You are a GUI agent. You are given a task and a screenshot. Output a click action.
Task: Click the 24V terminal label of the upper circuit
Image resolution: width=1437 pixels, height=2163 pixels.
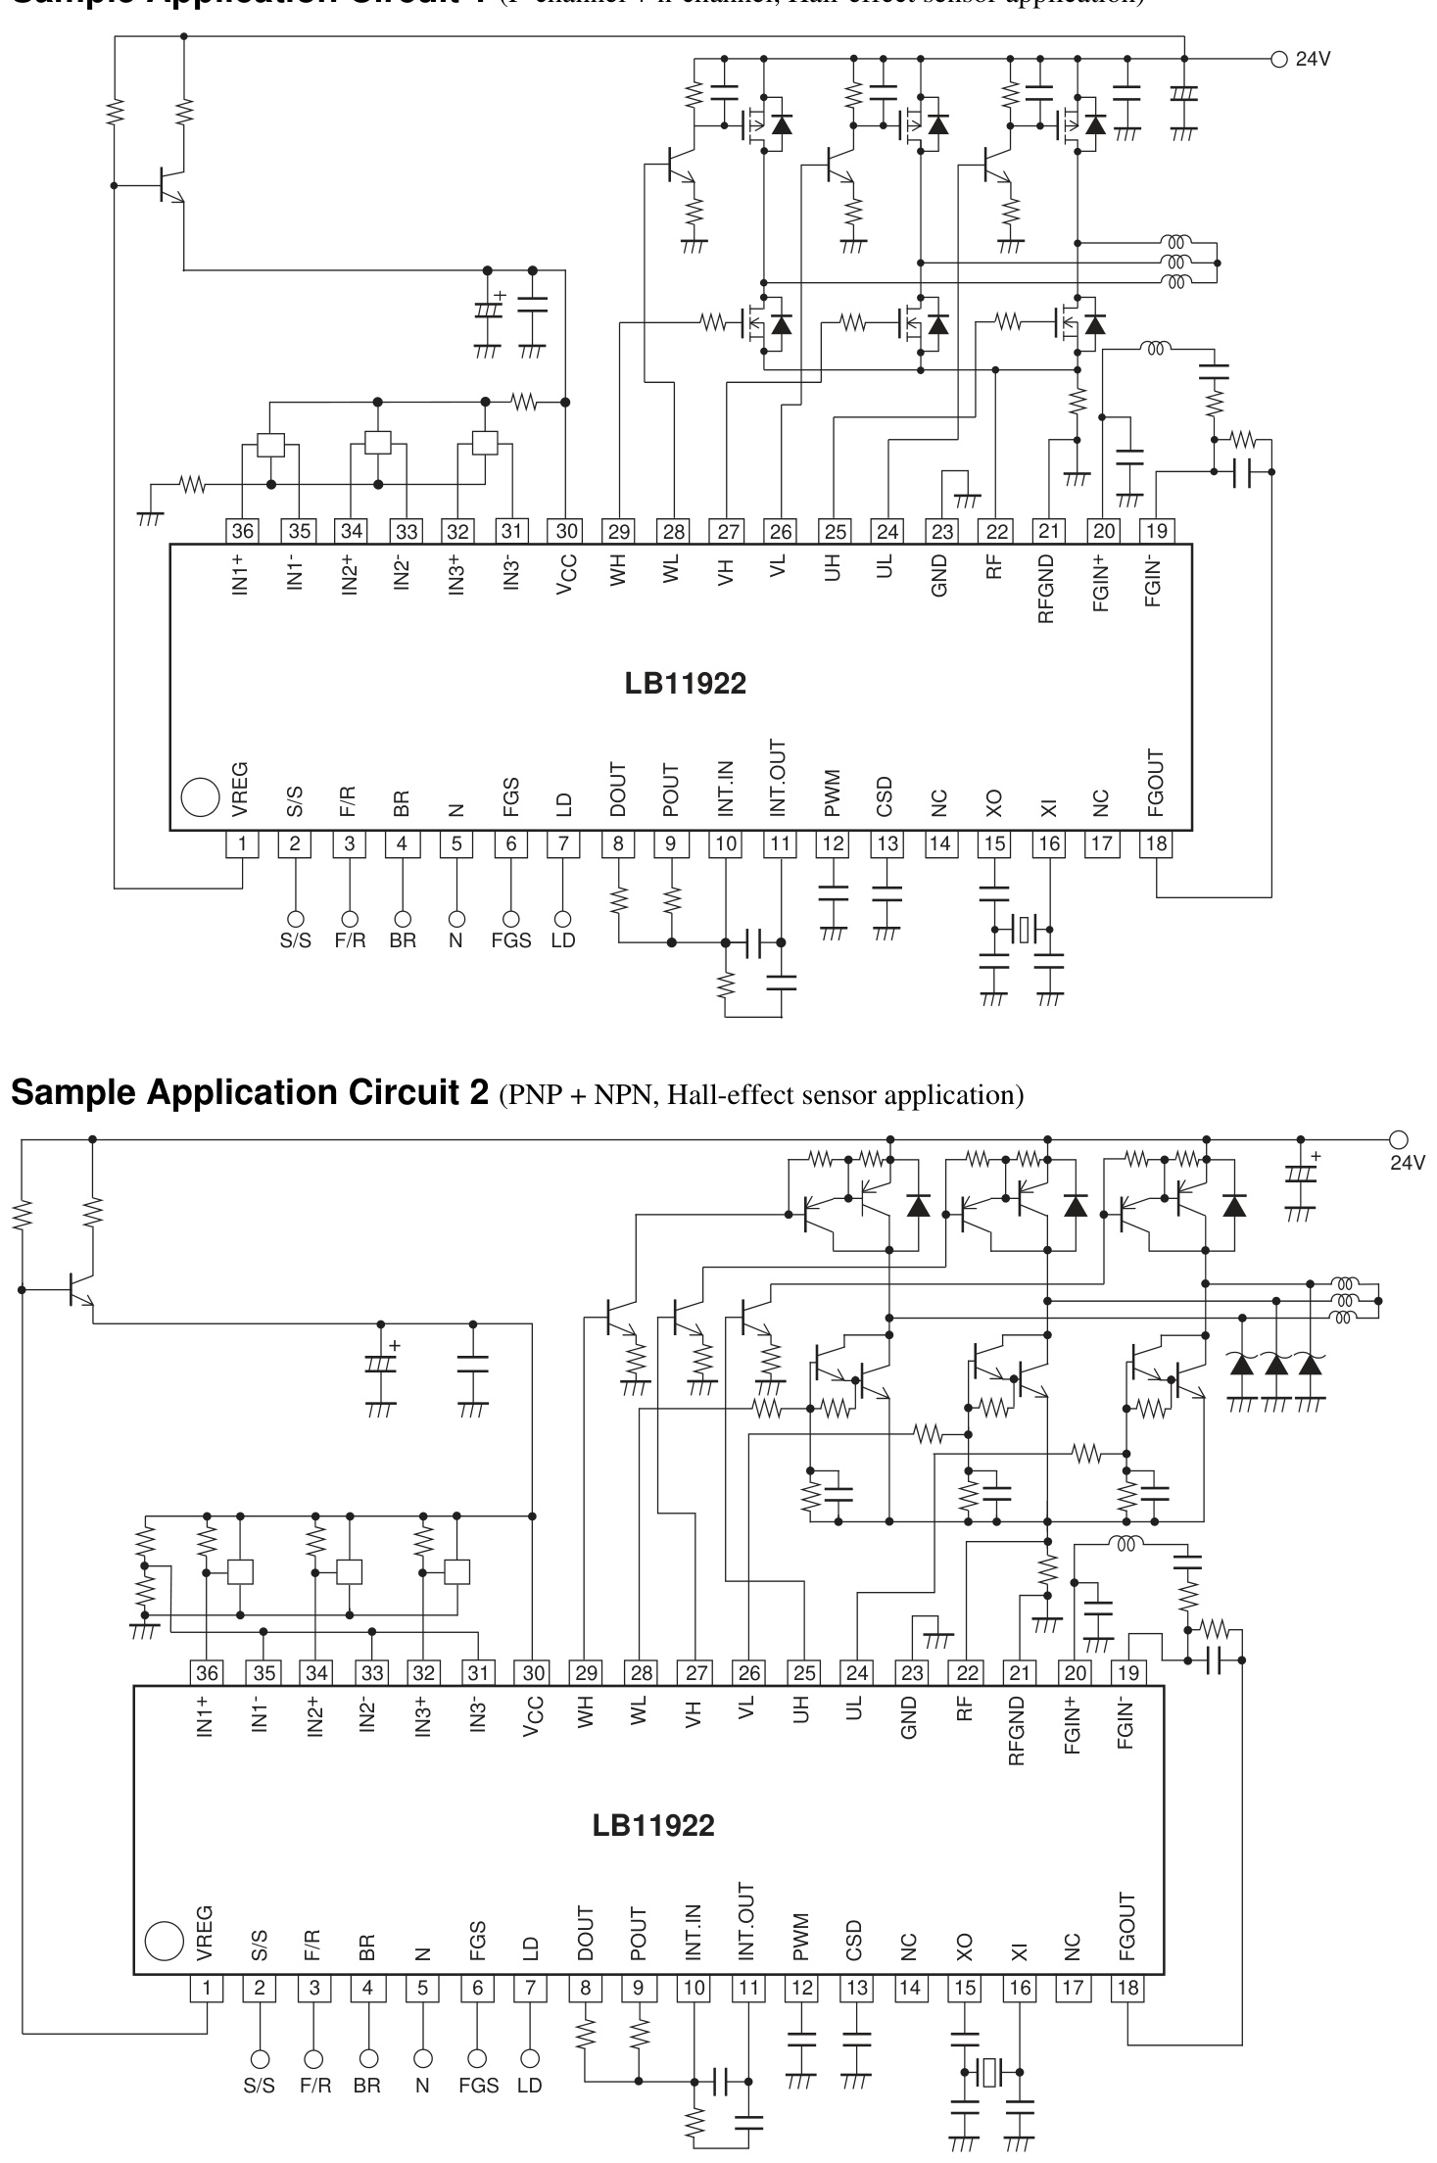(1313, 59)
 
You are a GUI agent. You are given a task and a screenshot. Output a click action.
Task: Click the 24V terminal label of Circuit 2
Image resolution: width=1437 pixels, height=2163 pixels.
(1408, 1162)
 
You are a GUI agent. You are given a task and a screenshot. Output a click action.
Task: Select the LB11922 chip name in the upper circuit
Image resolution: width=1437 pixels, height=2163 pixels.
(685, 684)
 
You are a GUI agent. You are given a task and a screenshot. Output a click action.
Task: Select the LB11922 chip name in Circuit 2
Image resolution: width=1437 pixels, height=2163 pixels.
(653, 1825)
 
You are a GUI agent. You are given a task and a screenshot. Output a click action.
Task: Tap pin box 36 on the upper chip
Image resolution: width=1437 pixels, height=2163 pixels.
(242, 531)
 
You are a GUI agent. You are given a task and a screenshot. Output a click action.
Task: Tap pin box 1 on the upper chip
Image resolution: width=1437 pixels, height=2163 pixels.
(242, 843)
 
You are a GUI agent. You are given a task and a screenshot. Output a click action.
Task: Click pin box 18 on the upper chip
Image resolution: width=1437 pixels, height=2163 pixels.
(1157, 843)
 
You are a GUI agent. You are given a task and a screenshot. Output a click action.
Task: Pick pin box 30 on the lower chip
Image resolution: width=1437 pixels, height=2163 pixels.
(533, 1672)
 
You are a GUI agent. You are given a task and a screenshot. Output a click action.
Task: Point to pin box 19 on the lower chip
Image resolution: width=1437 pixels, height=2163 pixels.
(1127, 1672)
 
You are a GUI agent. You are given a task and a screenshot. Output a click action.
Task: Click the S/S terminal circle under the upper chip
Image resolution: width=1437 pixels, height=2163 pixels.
(295, 919)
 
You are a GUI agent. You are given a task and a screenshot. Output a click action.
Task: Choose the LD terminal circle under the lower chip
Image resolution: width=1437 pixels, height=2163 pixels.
(531, 2057)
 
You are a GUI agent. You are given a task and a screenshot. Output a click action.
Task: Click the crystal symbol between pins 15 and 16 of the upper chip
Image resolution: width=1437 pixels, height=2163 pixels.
(1022, 927)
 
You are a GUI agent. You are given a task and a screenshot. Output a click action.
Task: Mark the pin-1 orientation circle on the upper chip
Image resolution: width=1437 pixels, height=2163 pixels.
(200, 796)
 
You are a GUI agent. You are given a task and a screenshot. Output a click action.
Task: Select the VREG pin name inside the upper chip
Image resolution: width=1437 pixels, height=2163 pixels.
(241, 790)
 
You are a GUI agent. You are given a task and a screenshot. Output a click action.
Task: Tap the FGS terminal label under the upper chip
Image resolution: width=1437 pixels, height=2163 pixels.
(510, 940)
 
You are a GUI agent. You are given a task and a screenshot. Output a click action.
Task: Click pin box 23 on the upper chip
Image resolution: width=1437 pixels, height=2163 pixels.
(941, 531)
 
